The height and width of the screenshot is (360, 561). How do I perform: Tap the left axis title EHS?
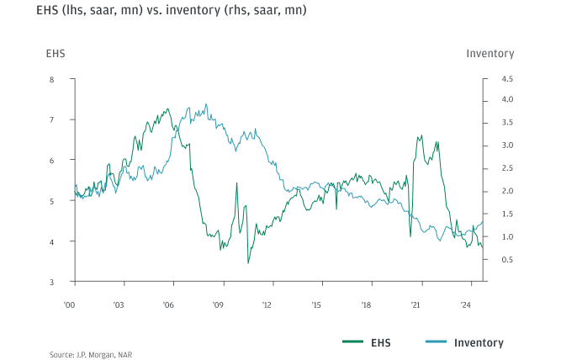[x=55, y=54]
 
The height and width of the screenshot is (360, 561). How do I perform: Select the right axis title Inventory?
[x=490, y=54]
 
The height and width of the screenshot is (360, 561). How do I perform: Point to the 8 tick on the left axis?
[x=51, y=80]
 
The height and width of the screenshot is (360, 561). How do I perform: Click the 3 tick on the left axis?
[x=51, y=282]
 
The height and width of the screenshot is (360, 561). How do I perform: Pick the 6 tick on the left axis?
[x=51, y=161]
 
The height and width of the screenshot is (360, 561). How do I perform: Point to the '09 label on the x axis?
[x=218, y=304]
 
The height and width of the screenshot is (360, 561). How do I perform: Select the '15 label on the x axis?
[x=316, y=304]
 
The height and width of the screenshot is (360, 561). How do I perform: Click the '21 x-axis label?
[x=415, y=304]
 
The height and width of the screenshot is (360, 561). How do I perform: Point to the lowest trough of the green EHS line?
[x=248, y=263]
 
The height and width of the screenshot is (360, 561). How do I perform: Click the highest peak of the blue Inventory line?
[x=206, y=104]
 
